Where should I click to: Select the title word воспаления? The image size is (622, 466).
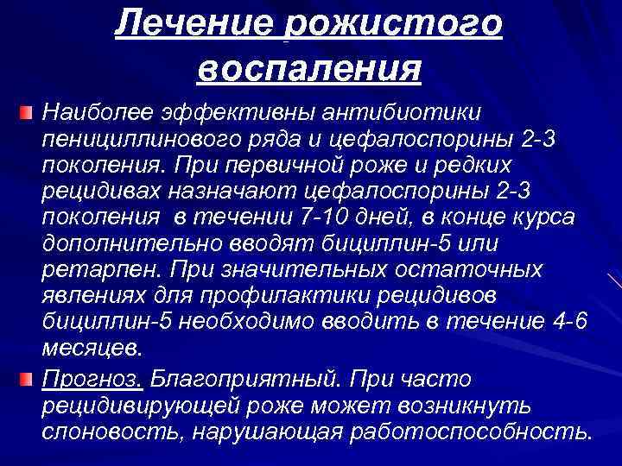pyautogui.click(x=308, y=67)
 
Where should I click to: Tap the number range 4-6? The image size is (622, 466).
pyautogui.click(x=568, y=322)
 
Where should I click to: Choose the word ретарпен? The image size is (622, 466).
pyautogui.click(x=84, y=269)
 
